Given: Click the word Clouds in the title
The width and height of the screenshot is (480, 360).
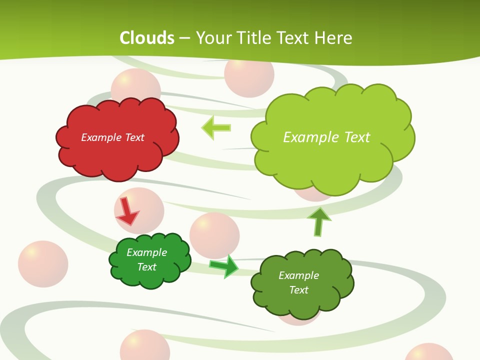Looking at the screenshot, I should pos(147,38).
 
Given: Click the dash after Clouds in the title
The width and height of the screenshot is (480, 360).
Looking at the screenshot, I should pos(184,38).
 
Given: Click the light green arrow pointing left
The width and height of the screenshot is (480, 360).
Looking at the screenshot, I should pos(216,127).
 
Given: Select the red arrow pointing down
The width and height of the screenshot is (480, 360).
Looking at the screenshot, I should pos(127,211).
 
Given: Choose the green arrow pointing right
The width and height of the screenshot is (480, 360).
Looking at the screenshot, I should pos(224,265).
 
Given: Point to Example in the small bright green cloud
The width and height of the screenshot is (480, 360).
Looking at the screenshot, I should pos(146,252).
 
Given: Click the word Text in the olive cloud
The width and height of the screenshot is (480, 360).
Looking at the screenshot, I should pos(298,290).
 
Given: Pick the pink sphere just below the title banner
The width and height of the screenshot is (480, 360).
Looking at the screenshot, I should pos(249,75).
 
